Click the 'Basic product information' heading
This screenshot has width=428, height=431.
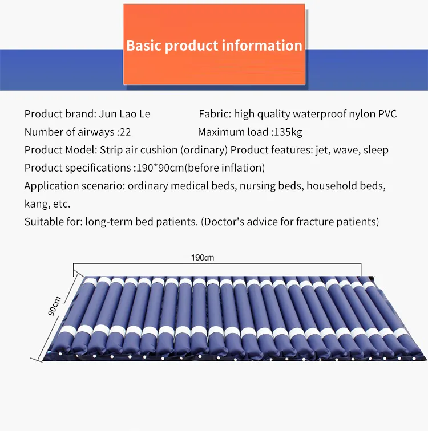pos(214,46)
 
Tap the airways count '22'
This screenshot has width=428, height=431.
pos(126,132)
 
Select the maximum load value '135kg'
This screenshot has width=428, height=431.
pos(288,132)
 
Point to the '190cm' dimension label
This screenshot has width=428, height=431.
pos(202,258)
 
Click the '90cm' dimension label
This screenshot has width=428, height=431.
pos(55,307)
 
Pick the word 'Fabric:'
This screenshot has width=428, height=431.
pos(215,114)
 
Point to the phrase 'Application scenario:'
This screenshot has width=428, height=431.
pos(74,186)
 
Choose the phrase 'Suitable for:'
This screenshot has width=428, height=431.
pos(53,221)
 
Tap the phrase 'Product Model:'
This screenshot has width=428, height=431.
pos(60,151)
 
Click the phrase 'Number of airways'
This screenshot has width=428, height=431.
pos(69,132)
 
